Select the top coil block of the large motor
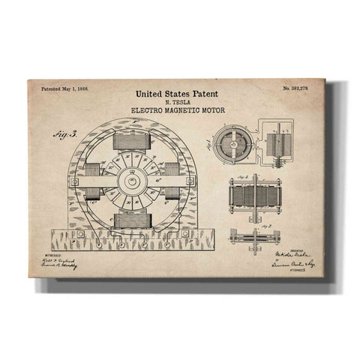point(132,140)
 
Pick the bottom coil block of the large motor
point(133,220)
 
